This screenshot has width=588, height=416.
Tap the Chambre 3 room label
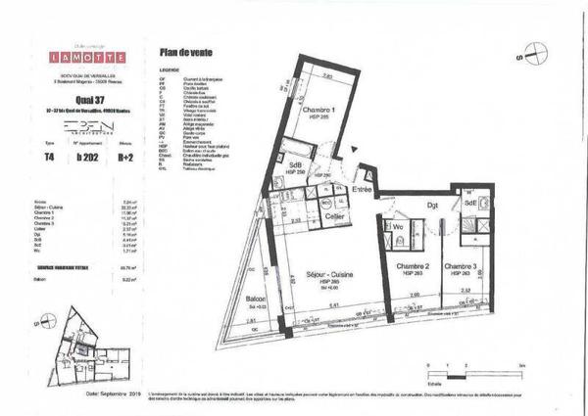461,266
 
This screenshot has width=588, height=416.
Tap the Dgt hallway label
431,204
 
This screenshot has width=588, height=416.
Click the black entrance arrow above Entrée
341,149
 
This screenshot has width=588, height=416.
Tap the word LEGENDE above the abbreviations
171,71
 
